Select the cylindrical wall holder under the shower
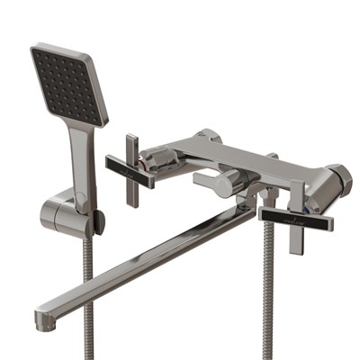[63, 213]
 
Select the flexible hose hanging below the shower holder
[87, 288]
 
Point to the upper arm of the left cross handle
[131, 146]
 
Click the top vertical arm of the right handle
[297, 193]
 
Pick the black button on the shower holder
[99, 219]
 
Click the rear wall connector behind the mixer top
[209, 137]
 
